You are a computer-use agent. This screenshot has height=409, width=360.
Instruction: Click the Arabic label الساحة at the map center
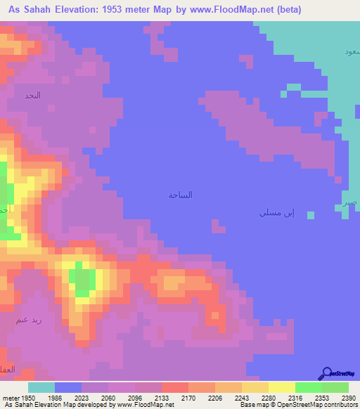click(x=180, y=195)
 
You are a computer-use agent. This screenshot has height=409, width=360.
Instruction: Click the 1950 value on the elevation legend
click(x=27, y=397)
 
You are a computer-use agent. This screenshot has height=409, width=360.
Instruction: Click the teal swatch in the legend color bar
click(x=41, y=387)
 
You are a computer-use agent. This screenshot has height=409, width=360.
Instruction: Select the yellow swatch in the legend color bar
click(x=282, y=387)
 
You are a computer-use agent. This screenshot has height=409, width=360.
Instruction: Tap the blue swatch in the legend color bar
click(x=68, y=387)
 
